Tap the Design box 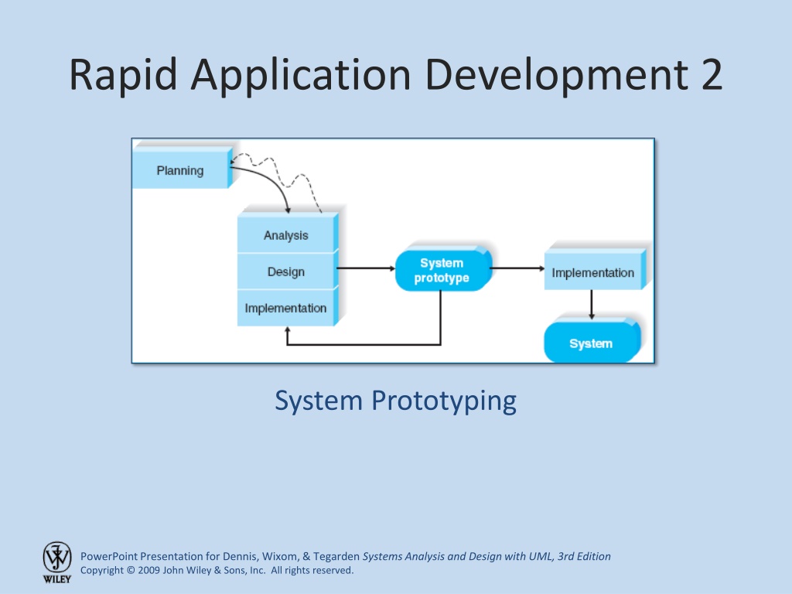click(x=286, y=271)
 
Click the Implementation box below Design click(x=286, y=308)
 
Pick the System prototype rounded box click(x=442, y=270)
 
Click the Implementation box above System click(x=593, y=270)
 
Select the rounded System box click(x=592, y=341)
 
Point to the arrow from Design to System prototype click(x=366, y=268)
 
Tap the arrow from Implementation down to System click(x=592, y=304)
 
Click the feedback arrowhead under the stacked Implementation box click(x=288, y=329)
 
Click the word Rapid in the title click(x=123, y=75)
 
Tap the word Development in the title click(x=556, y=75)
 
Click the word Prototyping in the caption click(x=444, y=401)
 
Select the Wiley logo click(x=57, y=562)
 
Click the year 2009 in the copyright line click(x=149, y=570)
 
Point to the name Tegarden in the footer click(x=336, y=557)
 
